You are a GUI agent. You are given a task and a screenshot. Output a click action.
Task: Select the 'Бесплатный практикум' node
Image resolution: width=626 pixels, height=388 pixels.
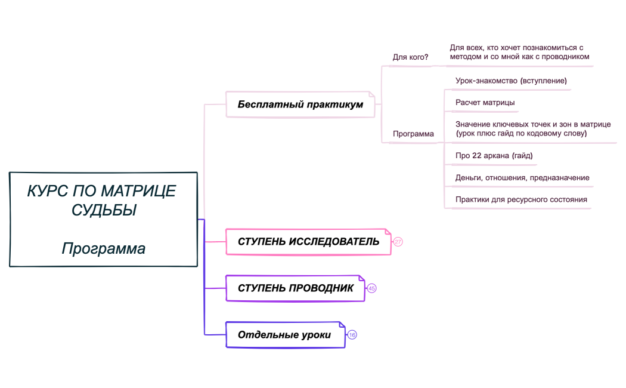coord(300,104)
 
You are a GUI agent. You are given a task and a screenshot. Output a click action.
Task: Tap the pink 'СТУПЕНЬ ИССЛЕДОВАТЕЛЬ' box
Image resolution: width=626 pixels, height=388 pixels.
coord(308,242)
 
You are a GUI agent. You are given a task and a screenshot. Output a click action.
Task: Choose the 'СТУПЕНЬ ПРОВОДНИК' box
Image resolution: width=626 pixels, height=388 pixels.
coord(295,288)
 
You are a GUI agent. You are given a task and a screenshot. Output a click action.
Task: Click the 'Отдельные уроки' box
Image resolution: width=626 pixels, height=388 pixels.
coord(284,335)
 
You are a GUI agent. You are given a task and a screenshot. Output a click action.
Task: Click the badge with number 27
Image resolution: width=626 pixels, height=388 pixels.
coord(398,242)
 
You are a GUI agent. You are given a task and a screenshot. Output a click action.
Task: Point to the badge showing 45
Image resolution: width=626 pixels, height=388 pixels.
coord(371,288)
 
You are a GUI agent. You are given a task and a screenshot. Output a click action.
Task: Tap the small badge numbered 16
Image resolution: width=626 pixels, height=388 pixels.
coord(352,335)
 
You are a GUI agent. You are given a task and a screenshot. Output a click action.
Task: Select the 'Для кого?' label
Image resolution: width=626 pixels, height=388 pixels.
coord(410,57)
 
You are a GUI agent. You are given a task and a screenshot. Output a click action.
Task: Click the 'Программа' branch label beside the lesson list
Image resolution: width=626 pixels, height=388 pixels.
coord(413,134)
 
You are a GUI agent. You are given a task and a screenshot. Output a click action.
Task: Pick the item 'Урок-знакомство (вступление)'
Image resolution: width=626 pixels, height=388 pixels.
coord(511,80)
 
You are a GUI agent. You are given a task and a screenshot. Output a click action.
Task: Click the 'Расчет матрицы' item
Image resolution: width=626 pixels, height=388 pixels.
coord(485,103)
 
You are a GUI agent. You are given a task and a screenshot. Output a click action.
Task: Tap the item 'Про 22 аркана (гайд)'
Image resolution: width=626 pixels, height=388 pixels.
coord(494,156)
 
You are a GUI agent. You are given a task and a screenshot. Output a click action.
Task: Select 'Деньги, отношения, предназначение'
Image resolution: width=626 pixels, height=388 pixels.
coord(522,178)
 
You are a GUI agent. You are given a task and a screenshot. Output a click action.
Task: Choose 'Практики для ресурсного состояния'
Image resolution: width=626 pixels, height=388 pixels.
coord(521,199)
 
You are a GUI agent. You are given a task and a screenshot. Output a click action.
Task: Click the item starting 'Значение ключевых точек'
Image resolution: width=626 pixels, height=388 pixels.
coord(532,129)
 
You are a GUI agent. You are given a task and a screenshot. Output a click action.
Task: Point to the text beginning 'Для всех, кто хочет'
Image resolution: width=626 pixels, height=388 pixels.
coord(519,52)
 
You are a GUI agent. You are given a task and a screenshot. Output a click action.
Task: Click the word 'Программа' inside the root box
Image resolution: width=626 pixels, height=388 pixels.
coord(103,248)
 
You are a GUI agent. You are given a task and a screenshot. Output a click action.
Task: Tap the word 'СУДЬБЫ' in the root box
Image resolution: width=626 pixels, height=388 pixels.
coord(103,210)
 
